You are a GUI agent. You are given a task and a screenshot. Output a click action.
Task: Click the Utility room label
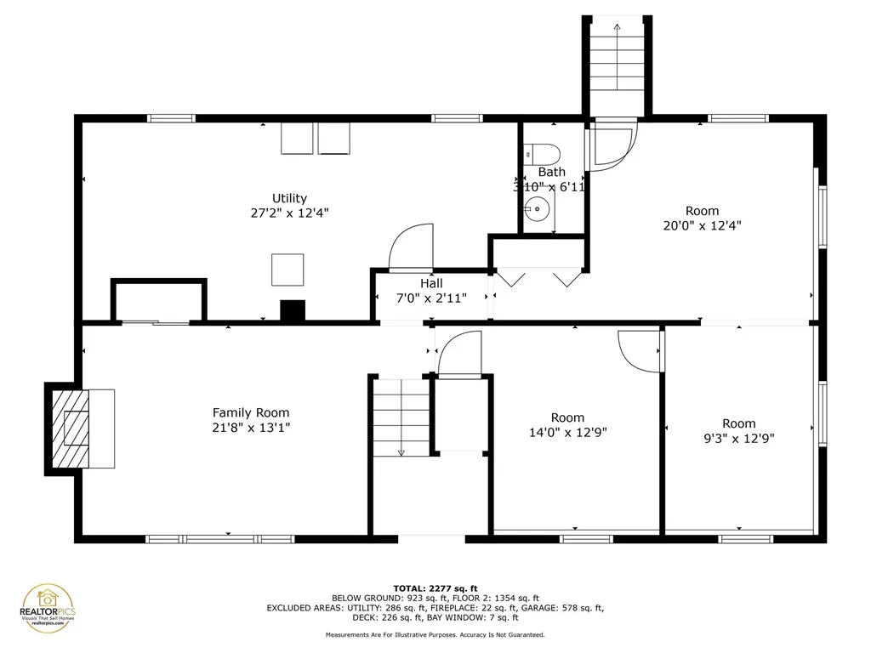[289, 198]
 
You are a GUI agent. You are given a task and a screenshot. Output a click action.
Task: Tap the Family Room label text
[251, 413]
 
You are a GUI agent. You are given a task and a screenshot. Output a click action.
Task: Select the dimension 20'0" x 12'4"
[702, 226]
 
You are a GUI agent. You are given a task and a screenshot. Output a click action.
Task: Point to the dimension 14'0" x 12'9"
[567, 432]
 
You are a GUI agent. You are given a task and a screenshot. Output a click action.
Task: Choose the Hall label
[430, 283]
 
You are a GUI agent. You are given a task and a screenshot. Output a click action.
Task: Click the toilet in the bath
[542, 154]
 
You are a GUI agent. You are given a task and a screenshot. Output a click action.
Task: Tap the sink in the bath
[538, 207]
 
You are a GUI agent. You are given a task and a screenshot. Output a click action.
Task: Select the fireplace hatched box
[68, 428]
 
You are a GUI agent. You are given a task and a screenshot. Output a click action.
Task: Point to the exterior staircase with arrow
[617, 64]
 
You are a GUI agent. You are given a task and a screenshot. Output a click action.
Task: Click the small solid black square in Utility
[293, 311]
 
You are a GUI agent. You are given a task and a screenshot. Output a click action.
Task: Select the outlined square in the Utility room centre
[287, 270]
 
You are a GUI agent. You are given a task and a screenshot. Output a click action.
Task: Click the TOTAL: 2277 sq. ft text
[435, 588]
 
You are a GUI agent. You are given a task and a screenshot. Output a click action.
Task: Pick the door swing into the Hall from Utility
[411, 247]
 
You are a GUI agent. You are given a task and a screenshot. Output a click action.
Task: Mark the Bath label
[551, 172]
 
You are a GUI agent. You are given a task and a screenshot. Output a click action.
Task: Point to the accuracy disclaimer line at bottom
[435, 634]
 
